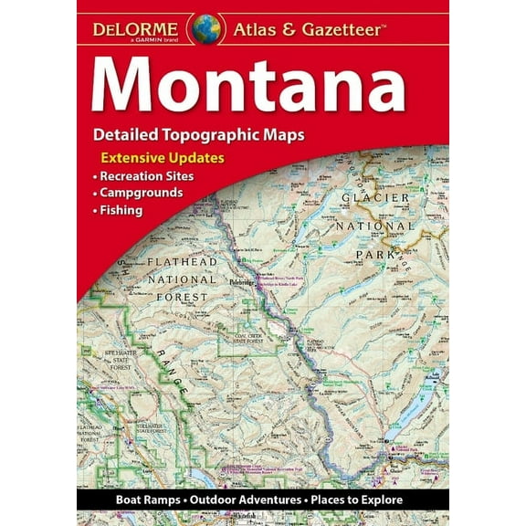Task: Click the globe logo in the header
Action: (205, 27)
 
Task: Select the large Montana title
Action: (247, 85)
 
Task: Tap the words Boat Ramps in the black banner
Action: (145, 500)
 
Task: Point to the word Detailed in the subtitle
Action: (123, 134)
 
